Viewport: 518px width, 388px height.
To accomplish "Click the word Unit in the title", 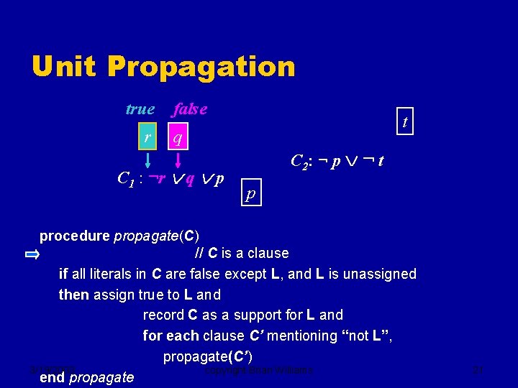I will coord(64,67).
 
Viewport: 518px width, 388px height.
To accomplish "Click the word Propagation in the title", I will coord(201,67).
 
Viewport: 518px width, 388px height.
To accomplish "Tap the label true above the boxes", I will coord(140,109).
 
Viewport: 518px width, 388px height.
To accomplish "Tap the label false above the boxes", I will coord(189,109).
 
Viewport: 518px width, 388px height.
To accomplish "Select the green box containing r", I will coord(147,136).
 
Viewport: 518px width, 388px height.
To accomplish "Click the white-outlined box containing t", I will coord(405,122).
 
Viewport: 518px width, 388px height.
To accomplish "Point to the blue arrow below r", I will coord(147,158).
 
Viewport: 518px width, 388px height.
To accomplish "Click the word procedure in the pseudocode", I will coord(75,236).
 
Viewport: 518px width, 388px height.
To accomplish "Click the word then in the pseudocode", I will coord(73,295).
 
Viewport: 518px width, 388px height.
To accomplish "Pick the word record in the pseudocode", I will coord(163,315).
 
